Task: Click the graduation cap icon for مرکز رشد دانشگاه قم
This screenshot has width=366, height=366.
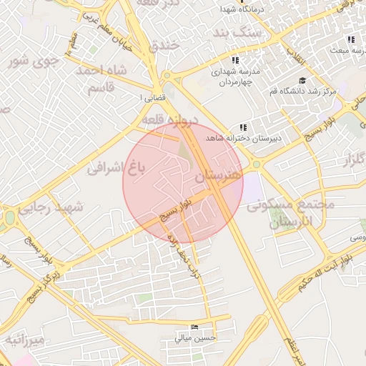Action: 302,81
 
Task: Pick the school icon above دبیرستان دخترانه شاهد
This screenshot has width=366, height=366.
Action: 243,127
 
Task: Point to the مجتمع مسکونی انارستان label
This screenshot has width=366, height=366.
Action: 292,214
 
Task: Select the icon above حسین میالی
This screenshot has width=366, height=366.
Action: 195,327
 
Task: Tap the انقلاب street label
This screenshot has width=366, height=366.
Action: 294,52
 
